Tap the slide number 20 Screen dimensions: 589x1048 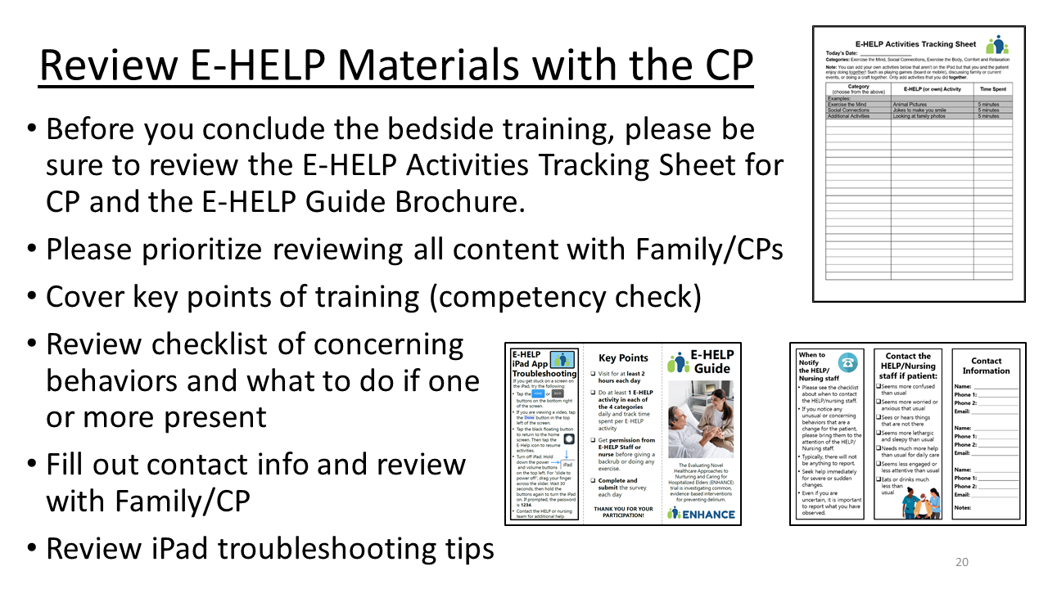point(962,562)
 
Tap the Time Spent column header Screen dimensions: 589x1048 point(993,88)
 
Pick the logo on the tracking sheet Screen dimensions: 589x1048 point(996,44)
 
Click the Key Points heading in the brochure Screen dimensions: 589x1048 point(623,357)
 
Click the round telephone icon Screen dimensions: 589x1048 point(847,362)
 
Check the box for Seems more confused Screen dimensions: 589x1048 point(879,386)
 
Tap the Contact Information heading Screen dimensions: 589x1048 point(986,366)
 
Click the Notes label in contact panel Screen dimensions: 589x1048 point(964,508)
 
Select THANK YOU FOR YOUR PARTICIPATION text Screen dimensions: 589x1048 point(622,511)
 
